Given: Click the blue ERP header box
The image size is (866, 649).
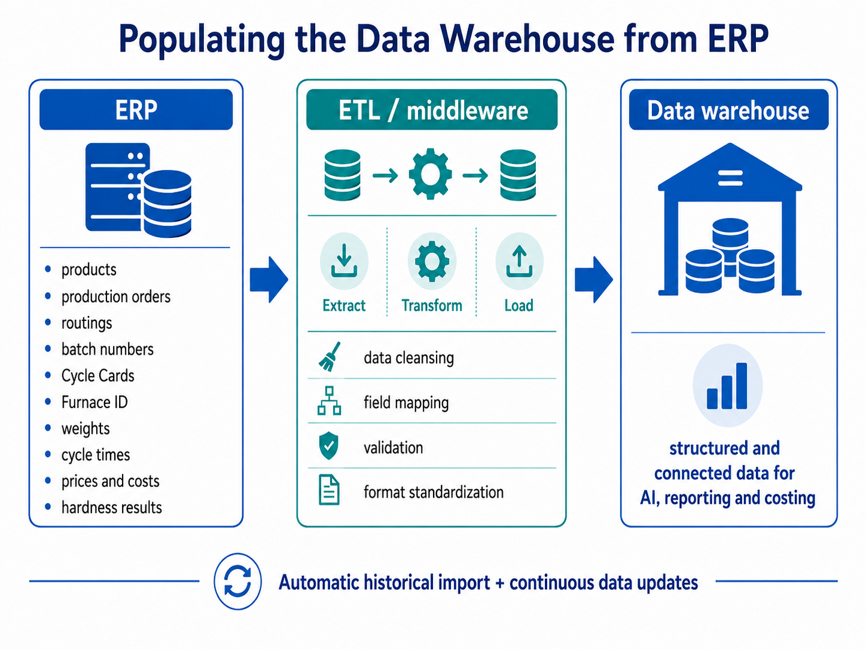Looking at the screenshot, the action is pos(136,109).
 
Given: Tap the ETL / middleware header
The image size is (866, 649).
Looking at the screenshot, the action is pos(432,109).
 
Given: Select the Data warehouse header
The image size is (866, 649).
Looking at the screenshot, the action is pos(728,109).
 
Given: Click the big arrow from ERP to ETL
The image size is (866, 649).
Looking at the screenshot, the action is pos(269,280).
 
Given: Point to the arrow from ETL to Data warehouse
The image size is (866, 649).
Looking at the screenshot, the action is pos(593,280).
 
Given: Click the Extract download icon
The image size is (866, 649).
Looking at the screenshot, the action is pos(344,261).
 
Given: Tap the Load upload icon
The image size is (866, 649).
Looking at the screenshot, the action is pos(519,261).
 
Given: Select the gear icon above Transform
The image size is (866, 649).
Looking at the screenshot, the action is pos(432,261).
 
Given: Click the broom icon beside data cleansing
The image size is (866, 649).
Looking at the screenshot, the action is pos(330,357).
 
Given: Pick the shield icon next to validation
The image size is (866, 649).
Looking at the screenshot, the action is pos(329,446).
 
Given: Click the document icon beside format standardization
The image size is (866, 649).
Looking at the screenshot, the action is pos(329,490).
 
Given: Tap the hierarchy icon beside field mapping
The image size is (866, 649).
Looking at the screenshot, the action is pos(329,400).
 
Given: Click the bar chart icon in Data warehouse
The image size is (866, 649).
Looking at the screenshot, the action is pos(727,386).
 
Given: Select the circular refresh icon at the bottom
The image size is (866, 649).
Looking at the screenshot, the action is pos(237,581).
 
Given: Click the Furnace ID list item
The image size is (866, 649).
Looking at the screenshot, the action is pos(94,402).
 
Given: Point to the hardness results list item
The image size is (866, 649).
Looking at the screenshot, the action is pos(112,507).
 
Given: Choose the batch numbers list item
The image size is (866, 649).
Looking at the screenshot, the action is pos(107,350).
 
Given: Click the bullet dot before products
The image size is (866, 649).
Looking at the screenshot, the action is pos(48,269).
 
